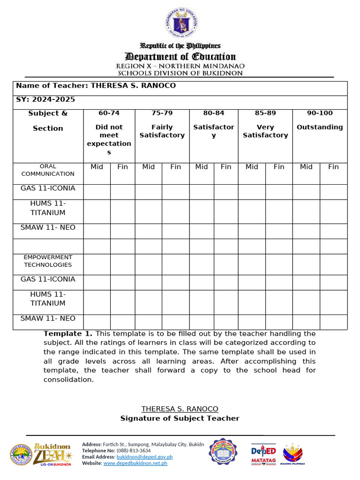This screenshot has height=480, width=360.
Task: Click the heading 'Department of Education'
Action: coord(180,57)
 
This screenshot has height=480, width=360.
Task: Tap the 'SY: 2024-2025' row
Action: coord(45,99)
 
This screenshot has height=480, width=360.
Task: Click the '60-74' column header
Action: coord(109,113)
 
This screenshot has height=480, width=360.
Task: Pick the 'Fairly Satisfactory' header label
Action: coord(162,131)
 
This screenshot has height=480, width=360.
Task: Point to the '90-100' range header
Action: coord(319,113)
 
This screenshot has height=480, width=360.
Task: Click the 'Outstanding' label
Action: coord(319,127)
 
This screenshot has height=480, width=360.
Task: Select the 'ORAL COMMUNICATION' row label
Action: coord(48,170)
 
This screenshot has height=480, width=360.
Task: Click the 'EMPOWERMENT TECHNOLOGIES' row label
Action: coord(48,261)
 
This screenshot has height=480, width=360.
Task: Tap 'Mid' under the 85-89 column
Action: coord(252,167)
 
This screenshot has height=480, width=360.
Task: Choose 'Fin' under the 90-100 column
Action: coord(333,167)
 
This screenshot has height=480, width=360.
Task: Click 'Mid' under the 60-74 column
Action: coord(97,167)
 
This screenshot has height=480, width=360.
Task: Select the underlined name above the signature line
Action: coord(180,409)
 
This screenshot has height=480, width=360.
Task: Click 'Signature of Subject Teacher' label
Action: coord(180,418)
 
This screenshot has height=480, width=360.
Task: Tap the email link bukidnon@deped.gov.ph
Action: coord(144,457)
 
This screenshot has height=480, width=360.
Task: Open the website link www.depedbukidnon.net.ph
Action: coord(135,463)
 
